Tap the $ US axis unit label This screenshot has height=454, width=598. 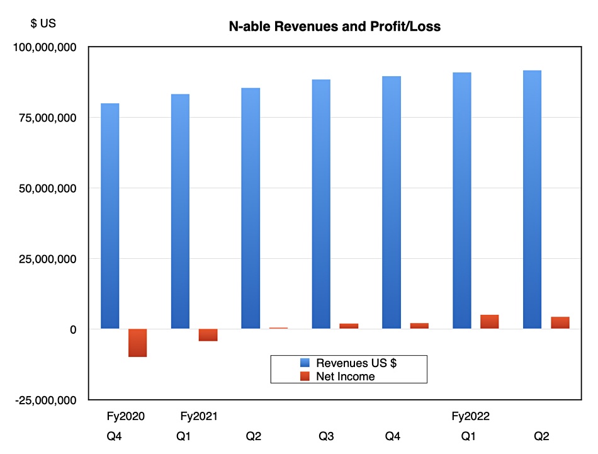43,24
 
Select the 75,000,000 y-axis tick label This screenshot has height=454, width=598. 49,118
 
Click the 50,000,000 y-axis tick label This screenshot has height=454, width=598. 49,188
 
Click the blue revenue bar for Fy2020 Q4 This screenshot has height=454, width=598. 110,215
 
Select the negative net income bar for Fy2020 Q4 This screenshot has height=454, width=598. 138,343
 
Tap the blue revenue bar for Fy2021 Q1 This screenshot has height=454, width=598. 181,211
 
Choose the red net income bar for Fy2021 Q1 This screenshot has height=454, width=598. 208,335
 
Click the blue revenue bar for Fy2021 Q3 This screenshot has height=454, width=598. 322,203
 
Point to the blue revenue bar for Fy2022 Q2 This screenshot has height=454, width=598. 533,199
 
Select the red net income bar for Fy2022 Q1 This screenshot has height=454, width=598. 490,322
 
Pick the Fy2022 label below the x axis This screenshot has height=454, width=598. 471,416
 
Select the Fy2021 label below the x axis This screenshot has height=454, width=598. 198,416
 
